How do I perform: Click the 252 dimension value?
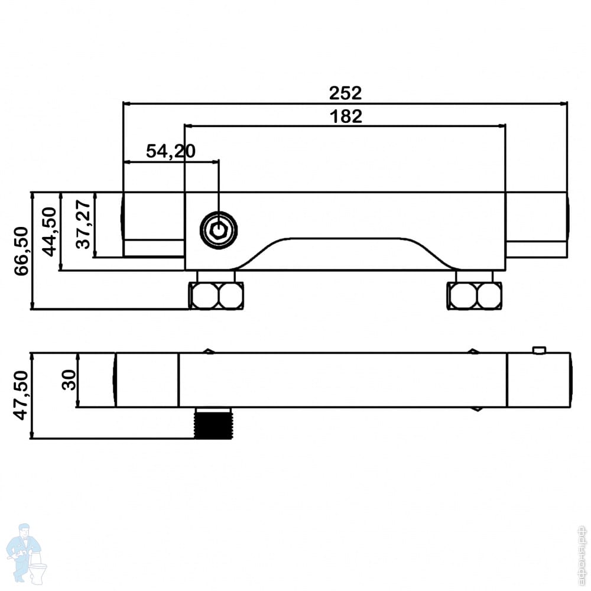pos(345,93)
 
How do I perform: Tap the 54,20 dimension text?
pos(170,151)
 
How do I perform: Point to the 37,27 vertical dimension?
pos(83,224)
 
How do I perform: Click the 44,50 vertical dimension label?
pos(51,231)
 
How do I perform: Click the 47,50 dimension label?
pos(22,396)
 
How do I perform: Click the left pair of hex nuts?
pos(216,295)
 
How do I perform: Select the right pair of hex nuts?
pos(475,295)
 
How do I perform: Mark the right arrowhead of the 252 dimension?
pos(564,103)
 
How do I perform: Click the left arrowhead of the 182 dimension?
pos(189,125)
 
